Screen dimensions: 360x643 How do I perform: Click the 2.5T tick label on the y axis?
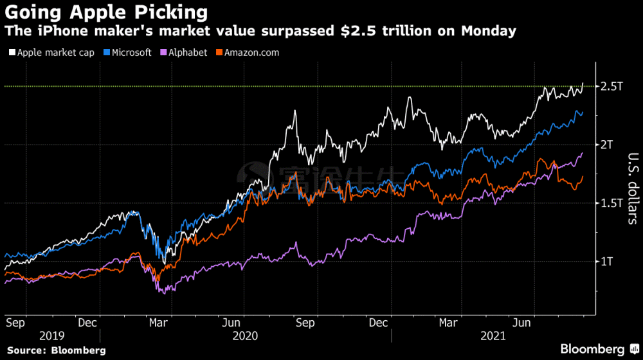pyautogui.click(x=611, y=86)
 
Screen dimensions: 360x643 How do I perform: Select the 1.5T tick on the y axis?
pyautogui.click(x=611, y=203)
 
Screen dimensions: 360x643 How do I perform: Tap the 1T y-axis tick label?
pyautogui.click(x=607, y=262)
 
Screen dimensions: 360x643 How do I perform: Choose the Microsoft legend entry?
pyautogui.click(x=131, y=53)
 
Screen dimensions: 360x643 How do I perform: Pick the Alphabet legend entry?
pyautogui.click(x=187, y=53)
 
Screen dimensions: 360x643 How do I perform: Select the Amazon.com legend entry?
pyautogui.click(x=251, y=53)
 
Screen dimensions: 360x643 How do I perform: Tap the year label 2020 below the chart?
pyautogui.click(x=245, y=336)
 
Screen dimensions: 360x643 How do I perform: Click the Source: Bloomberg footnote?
pyautogui.click(x=57, y=350)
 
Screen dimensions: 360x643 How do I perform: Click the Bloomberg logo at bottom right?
pyautogui.click(x=592, y=349)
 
